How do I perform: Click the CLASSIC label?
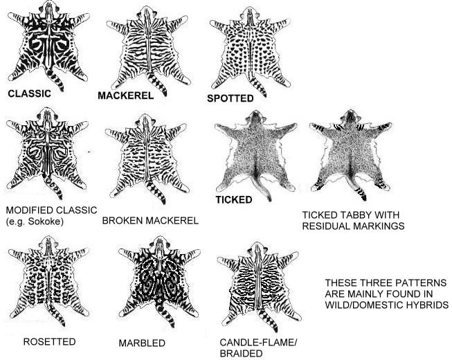pyautogui.click(x=29, y=93)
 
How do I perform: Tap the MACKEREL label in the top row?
pyautogui.click(x=126, y=96)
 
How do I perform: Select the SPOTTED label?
pyautogui.click(x=230, y=98)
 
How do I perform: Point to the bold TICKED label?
pyautogui.click(x=234, y=199)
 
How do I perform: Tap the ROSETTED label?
pyautogui.click(x=49, y=341)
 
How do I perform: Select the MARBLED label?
pyautogui.click(x=142, y=343)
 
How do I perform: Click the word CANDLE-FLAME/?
pyautogui.click(x=258, y=343)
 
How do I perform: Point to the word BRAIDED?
pyautogui.click(x=241, y=353)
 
